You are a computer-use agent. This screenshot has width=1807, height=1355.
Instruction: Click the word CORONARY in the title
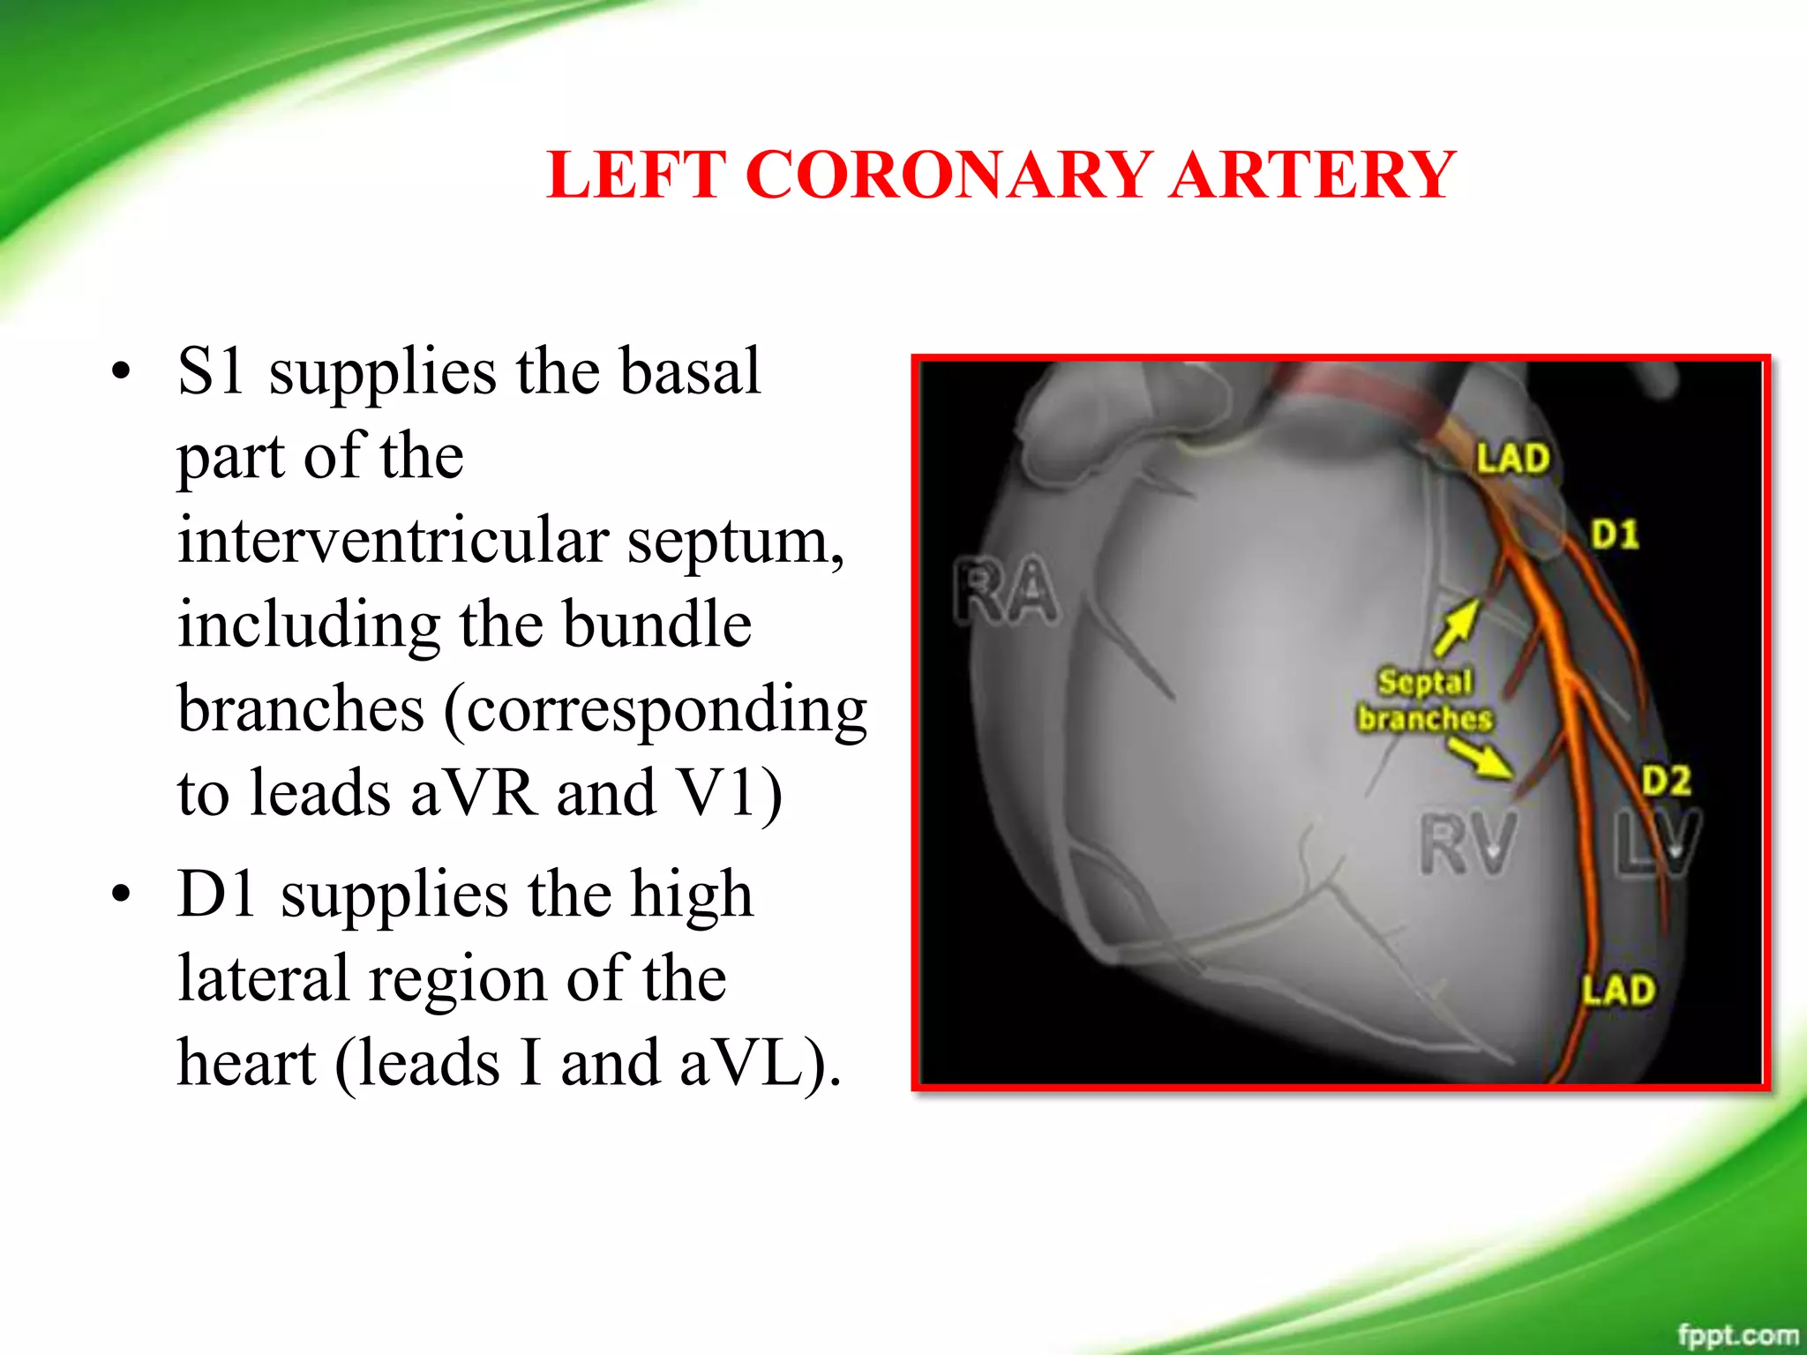coord(949,174)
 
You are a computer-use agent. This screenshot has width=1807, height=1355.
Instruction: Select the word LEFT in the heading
coord(636,174)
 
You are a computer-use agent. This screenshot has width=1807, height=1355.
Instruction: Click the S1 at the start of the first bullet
coord(211,371)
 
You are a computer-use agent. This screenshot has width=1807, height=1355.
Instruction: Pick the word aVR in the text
coord(472,793)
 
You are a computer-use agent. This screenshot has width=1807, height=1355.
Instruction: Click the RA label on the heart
coord(1006,590)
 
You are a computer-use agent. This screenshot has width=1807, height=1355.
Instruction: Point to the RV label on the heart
coord(1468,844)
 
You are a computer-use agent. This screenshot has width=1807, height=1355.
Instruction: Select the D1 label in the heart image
coord(1615,534)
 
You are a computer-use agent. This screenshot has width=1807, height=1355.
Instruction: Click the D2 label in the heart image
coord(1666,781)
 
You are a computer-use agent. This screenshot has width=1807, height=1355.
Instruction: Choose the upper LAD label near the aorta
coord(1512,459)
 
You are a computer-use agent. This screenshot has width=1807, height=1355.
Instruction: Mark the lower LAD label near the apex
coord(1617,990)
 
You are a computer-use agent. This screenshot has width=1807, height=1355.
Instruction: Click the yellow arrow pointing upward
coord(1457,627)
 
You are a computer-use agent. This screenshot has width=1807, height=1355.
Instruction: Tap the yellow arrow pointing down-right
coord(1481,758)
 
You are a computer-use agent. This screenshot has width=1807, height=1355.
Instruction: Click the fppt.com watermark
coord(1737,1335)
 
